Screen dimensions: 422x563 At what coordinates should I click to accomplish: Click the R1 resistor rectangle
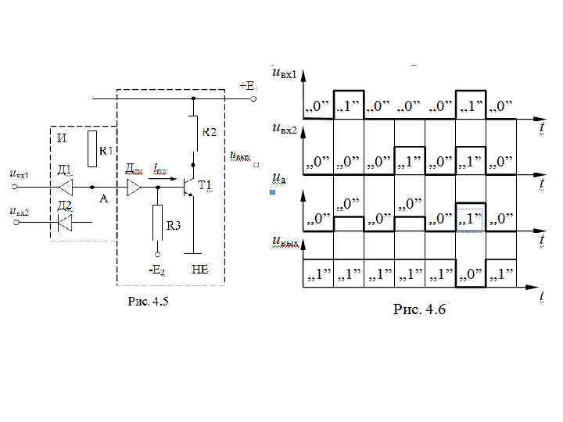point(94,148)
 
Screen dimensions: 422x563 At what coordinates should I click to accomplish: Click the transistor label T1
point(205,185)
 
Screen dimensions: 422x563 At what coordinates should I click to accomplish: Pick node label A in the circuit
point(103,199)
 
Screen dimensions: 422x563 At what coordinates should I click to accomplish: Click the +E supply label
point(248,85)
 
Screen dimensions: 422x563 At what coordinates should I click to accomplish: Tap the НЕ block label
point(199,270)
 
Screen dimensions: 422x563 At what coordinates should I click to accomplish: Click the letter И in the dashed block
point(63,138)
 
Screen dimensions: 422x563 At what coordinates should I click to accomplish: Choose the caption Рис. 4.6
point(418,310)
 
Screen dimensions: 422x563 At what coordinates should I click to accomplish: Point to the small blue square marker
point(272,191)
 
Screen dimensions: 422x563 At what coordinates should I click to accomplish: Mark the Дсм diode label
point(134,168)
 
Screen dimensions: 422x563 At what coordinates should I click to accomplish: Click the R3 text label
point(174,226)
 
